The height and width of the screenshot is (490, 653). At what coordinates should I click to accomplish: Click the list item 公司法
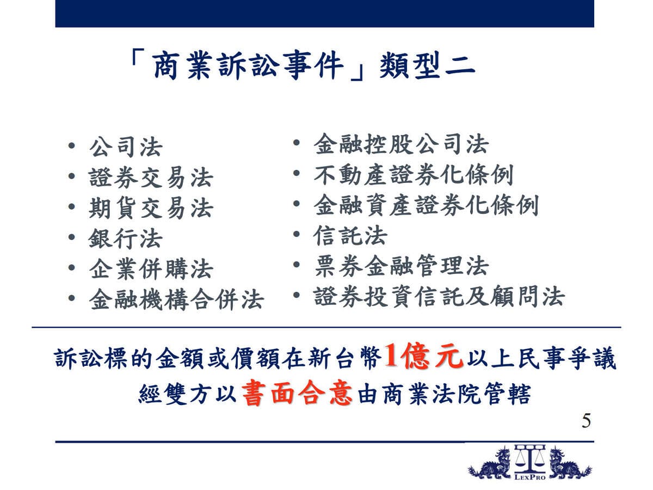pyautogui.click(x=126, y=147)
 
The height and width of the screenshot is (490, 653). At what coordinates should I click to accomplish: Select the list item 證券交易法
pyautogui.click(x=151, y=177)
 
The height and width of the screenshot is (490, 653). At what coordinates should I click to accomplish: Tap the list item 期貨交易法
pyautogui.click(x=151, y=208)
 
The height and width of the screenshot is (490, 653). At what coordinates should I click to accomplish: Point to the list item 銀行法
pyautogui.click(x=126, y=238)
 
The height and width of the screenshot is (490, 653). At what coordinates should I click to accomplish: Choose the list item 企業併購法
pyautogui.click(x=151, y=269)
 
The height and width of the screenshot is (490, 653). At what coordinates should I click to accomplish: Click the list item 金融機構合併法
pyautogui.click(x=176, y=299)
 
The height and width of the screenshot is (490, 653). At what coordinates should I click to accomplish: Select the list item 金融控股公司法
pyautogui.click(x=401, y=144)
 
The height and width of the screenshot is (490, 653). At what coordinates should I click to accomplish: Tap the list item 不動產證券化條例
pyautogui.click(x=414, y=175)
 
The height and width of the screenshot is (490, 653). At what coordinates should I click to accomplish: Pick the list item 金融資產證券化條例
pyautogui.click(x=426, y=205)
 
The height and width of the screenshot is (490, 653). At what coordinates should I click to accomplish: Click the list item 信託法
pyautogui.click(x=350, y=235)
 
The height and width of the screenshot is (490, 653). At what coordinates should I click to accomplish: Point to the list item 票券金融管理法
pyautogui.click(x=401, y=266)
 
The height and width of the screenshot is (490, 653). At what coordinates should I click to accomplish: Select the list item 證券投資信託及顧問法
pyautogui.click(x=439, y=296)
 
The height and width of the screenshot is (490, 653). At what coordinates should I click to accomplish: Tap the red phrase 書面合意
pyautogui.click(x=297, y=393)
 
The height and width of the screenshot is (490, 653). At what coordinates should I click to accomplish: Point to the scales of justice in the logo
pyautogui.click(x=530, y=459)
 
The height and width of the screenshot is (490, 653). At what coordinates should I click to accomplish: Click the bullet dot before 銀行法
pyautogui.click(x=71, y=237)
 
